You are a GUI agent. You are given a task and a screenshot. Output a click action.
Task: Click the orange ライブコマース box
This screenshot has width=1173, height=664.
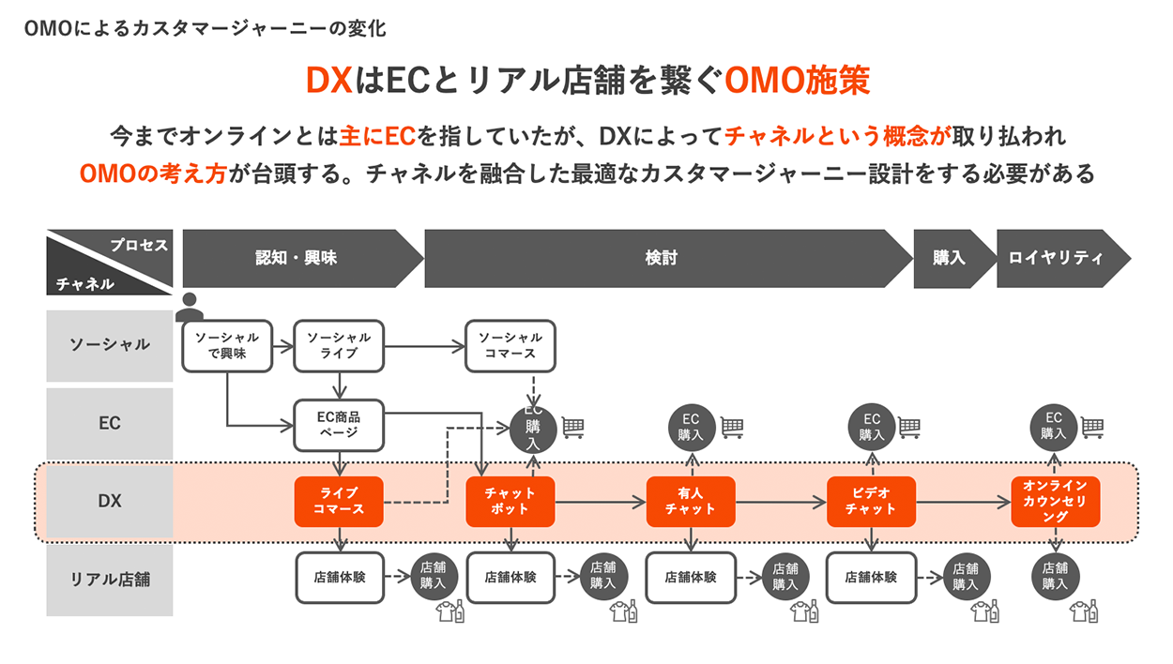tap(339, 502)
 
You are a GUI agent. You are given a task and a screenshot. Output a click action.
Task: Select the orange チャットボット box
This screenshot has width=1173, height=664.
tap(510, 502)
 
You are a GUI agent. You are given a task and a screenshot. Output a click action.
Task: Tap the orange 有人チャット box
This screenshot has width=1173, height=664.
tap(691, 502)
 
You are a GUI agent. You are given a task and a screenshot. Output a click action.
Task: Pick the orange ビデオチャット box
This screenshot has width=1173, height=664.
tap(871, 502)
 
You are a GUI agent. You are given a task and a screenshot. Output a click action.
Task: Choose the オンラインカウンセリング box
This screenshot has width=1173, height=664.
tap(1055, 502)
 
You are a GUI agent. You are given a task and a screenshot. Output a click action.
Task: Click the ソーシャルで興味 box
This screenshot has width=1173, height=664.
tap(227, 345)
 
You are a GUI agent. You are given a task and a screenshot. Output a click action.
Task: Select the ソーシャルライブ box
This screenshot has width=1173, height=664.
tap(339, 345)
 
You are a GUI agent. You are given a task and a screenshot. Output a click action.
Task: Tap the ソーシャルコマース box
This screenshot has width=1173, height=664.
tap(510, 345)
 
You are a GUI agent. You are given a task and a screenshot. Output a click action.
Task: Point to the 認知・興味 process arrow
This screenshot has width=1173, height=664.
tap(298, 258)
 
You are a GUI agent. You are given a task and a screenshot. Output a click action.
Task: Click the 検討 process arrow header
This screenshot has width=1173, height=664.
tap(663, 258)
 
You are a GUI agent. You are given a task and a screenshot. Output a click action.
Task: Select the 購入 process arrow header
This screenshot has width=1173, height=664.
tap(950, 258)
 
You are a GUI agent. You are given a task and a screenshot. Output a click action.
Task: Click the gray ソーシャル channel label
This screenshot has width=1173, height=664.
tap(110, 345)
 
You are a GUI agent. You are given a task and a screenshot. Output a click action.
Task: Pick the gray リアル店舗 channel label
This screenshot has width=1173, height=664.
tap(110, 580)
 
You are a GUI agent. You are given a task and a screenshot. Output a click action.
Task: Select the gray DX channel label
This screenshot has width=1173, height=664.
tap(110, 502)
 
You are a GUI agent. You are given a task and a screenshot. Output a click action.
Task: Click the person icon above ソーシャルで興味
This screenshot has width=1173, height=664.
tap(190, 306)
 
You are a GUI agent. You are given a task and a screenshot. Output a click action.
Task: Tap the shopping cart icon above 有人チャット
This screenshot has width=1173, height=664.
tap(733, 428)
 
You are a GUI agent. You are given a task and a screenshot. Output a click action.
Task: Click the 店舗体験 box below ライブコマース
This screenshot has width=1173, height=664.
tap(339, 578)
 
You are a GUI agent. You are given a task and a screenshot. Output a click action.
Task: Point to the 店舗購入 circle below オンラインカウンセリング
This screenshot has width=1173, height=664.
tap(1055, 574)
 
